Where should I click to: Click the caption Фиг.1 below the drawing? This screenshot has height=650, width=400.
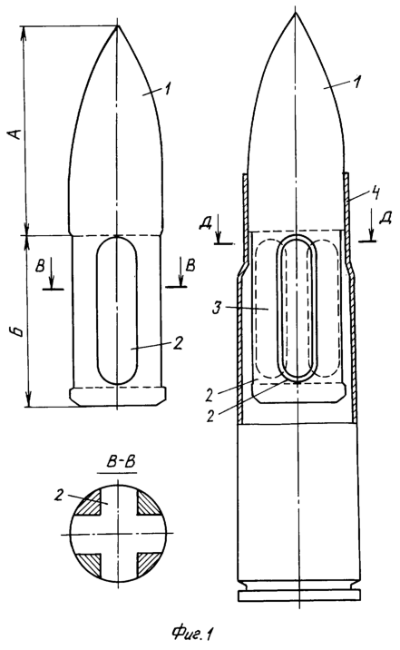pyautogui.click(x=193, y=634)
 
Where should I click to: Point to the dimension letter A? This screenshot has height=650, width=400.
pyautogui.click(x=15, y=134)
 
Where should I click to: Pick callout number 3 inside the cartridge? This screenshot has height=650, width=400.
pyautogui.click(x=216, y=310)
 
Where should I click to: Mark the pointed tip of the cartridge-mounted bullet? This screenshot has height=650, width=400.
pyautogui.click(x=296, y=13)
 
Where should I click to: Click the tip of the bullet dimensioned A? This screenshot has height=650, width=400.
pyautogui.click(x=117, y=26)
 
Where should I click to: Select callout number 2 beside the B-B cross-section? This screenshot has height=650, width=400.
pyautogui.click(x=59, y=495)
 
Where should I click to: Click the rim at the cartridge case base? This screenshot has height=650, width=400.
pyautogui.click(x=298, y=596)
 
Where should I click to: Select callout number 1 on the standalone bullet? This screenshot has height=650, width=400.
pyautogui.click(x=168, y=89)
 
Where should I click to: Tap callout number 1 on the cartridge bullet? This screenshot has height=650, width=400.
pyautogui.click(x=357, y=82)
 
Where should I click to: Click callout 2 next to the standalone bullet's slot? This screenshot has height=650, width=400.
pyautogui.click(x=177, y=343)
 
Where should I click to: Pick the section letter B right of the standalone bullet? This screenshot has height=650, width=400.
pyautogui.click(x=190, y=265)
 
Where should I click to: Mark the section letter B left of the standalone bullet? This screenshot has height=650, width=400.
pyautogui.click(x=40, y=266)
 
